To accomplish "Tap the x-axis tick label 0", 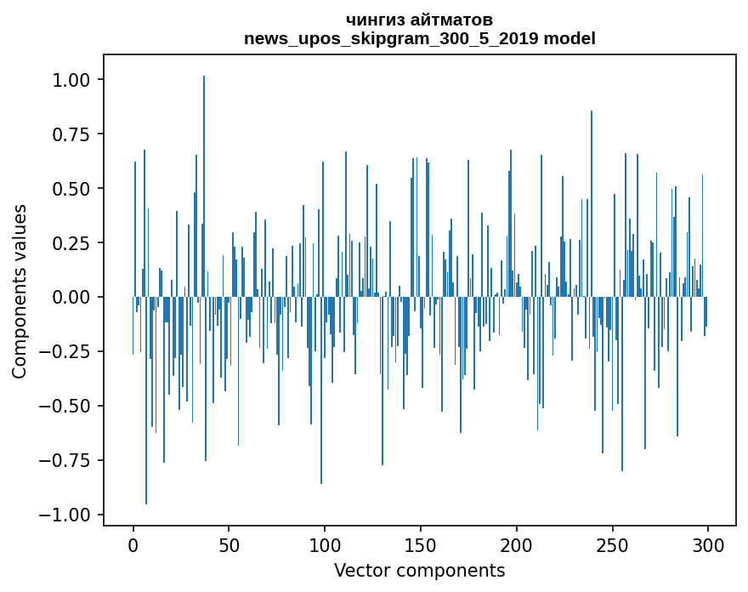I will pos(133,545).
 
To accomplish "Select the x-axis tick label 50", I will pos(229,545).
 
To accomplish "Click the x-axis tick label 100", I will pos(325,545).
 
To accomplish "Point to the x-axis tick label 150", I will pos(421,545).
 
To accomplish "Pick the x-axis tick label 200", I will pos(517,545).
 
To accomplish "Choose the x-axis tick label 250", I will pos(613,545).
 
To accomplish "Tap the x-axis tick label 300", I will pos(708,545).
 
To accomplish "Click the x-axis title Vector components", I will pos(420,571).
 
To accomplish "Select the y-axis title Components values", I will pos(20,291).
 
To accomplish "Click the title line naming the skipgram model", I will pos(420,38).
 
